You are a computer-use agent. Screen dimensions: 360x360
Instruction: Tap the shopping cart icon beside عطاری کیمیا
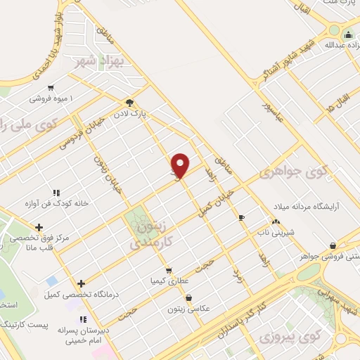tap(168, 270)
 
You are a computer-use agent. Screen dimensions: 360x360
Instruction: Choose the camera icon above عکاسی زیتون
tap(187, 297)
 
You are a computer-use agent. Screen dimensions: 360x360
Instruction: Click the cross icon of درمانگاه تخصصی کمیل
tap(82, 283)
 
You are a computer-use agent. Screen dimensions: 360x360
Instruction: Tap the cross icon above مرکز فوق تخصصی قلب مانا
tap(39, 227)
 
